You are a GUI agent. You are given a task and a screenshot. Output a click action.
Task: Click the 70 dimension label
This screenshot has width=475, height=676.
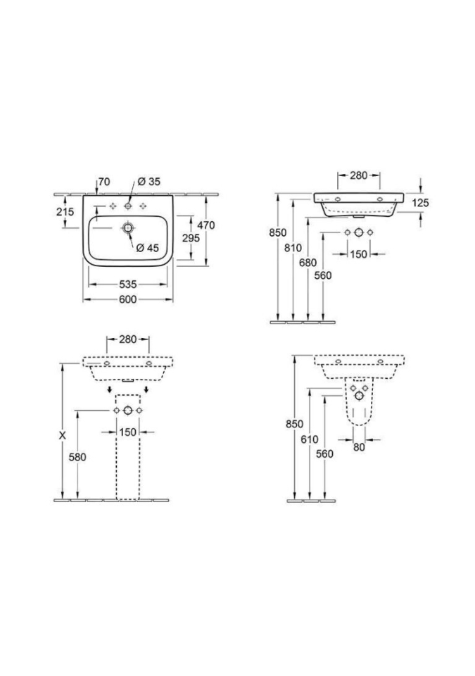coord(104,182)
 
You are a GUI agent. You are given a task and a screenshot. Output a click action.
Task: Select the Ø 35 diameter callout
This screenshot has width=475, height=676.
coord(150,182)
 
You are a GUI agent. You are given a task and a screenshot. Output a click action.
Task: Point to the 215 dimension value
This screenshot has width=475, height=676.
coord(65,212)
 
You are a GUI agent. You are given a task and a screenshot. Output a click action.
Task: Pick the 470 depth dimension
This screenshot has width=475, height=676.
coord(205,225)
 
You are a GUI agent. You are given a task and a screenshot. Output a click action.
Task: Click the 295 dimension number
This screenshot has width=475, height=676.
coord(191,238)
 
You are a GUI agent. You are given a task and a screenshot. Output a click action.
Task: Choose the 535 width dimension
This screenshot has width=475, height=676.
coord(128,284)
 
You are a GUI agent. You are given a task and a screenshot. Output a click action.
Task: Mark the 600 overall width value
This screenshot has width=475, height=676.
coord(127,299)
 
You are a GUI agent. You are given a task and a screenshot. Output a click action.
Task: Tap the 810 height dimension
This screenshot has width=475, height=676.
coord(293,247)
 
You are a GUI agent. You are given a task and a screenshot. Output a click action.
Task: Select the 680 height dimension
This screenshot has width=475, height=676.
coord(308,262)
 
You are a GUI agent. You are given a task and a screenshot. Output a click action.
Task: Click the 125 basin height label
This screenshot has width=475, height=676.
coord(421,203)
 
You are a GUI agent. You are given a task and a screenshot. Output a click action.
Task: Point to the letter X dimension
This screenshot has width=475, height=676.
coord(62,436)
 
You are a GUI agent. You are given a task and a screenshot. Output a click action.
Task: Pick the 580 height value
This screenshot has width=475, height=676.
coord(77,457)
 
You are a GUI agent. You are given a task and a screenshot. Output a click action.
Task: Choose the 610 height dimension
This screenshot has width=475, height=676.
coord(310,439)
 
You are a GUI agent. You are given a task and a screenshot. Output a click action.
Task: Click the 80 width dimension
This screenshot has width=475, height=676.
coord(360,446)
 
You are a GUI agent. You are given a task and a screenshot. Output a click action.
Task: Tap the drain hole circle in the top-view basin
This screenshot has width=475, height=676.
coord(128,228)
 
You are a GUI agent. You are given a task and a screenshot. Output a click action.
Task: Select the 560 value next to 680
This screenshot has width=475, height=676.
coord(323,275)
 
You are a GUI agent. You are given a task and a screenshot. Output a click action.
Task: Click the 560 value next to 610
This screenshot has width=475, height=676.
coord(324,453)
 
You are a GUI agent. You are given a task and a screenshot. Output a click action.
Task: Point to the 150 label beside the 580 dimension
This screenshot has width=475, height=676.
coord(127,432)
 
